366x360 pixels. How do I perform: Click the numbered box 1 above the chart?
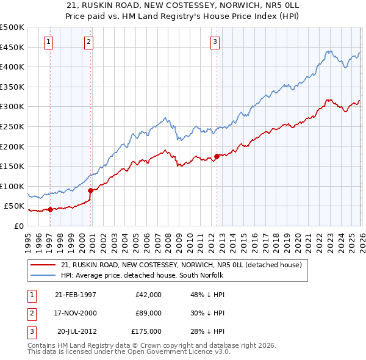(x=49, y=42)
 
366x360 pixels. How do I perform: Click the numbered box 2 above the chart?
(x=89, y=42)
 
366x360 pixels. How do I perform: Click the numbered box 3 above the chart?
(x=215, y=42)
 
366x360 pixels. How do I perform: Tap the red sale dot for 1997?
(x=50, y=209)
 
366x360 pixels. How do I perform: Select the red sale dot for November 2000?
(x=90, y=190)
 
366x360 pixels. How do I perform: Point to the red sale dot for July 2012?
(x=217, y=156)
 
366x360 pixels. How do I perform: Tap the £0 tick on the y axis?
(x=18, y=226)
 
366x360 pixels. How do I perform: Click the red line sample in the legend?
(x=44, y=265)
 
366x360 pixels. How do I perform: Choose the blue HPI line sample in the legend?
(x=44, y=275)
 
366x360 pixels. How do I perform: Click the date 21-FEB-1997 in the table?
(x=76, y=295)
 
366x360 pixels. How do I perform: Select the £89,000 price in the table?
(x=149, y=313)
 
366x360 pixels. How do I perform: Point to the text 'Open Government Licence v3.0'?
(x=176, y=352)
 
